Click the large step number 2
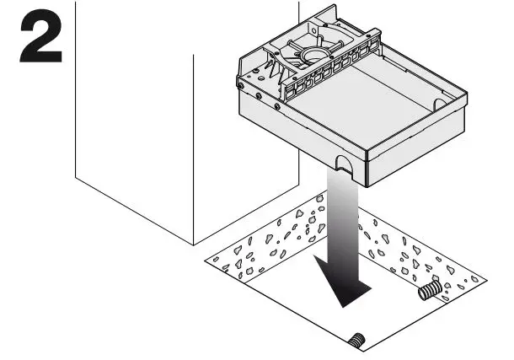pos(40,35)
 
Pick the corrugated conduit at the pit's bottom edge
pos(357,341)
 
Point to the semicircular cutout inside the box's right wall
pos(437,104)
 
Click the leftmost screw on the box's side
pos(242,85)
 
